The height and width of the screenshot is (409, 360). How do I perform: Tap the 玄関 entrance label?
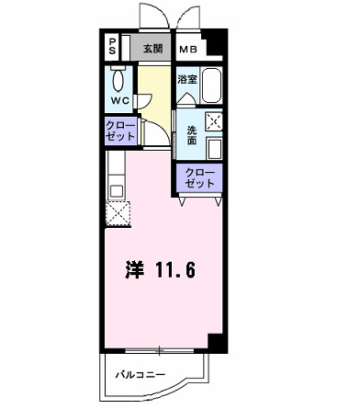(152, 48)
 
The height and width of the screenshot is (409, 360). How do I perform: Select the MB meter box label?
(187, 49)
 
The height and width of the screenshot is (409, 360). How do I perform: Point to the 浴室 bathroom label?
(186, 80)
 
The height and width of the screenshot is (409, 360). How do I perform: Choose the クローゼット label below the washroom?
(197, 177)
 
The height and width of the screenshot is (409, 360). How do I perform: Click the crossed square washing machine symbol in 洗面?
(214, 119)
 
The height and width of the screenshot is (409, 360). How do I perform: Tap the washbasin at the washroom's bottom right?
(215, 149)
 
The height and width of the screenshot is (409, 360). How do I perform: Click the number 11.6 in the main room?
(174, 270)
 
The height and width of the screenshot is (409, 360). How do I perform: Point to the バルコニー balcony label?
(139, 376)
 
